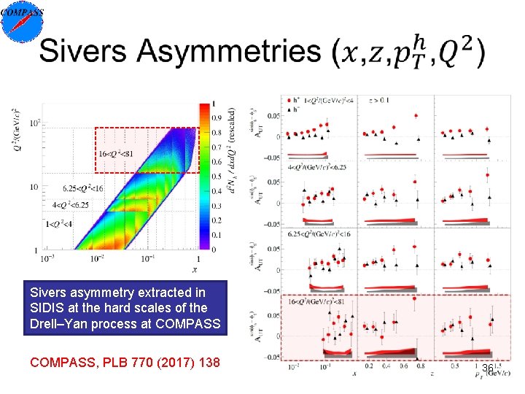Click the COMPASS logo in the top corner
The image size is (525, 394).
[22, 20]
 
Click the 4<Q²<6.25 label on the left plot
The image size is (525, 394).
[71, 205]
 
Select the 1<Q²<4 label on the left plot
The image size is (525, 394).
[60, 223]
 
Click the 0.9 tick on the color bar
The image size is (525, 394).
[217, 117]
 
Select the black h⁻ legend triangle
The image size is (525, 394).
[291, 108]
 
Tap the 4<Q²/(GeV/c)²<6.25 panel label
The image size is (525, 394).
[319, 166]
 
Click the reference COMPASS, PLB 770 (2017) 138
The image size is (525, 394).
[125, 361]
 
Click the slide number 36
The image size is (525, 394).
[488, 369]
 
